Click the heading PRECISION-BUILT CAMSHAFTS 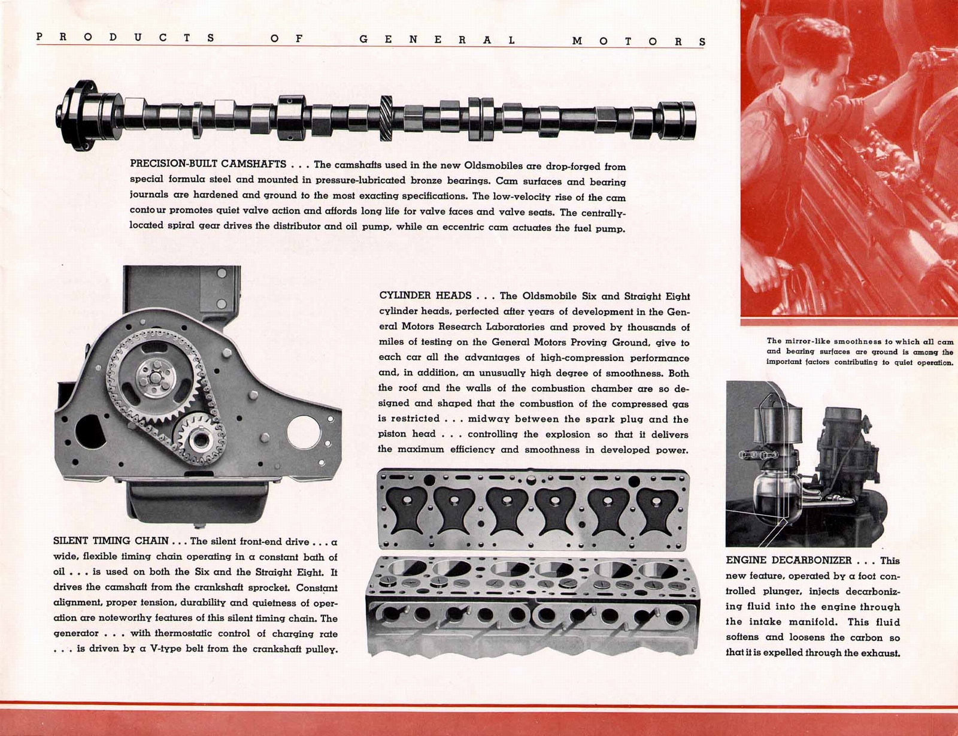pyautogui.click(x=208, y=164)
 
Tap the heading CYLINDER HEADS pyautogui.click(x=425, y=296)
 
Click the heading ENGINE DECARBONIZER pyautogui.click(x=788, y=561)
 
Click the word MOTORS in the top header pyautogui.click(x=639, y=41)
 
